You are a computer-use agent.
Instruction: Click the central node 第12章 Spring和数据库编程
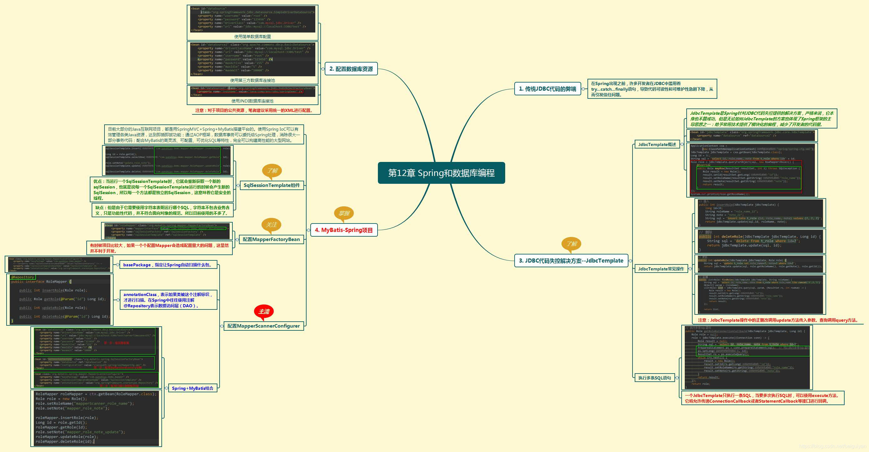point(441,173)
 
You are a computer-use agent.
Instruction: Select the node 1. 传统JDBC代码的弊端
point(547,89)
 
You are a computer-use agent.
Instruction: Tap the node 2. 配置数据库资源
point(351,69)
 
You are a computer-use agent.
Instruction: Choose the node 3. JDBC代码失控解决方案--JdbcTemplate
point(571,261)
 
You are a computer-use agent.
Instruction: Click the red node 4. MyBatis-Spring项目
point(343,230)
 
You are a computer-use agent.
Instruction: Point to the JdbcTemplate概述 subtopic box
point(657,145)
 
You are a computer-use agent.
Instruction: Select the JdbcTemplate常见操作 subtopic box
point(661,269)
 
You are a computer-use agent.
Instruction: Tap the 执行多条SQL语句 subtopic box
point(654,378)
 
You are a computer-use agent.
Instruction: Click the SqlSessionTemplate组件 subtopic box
point(272,185)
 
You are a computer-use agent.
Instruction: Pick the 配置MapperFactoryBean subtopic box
point(271,239)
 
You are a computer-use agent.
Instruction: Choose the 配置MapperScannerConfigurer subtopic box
point(263,326)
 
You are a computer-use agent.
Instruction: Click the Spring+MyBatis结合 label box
point(192,388)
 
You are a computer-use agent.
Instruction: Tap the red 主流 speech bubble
point(264,311)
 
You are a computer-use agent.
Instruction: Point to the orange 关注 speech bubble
point(271,224)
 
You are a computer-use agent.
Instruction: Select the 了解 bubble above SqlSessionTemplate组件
point(272,171)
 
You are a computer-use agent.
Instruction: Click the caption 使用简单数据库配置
point(252,36)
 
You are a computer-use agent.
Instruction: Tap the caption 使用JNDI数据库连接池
point(252,101)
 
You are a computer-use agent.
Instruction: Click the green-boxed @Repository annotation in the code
point(22,277)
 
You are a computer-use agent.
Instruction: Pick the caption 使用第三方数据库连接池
point(252,80)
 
